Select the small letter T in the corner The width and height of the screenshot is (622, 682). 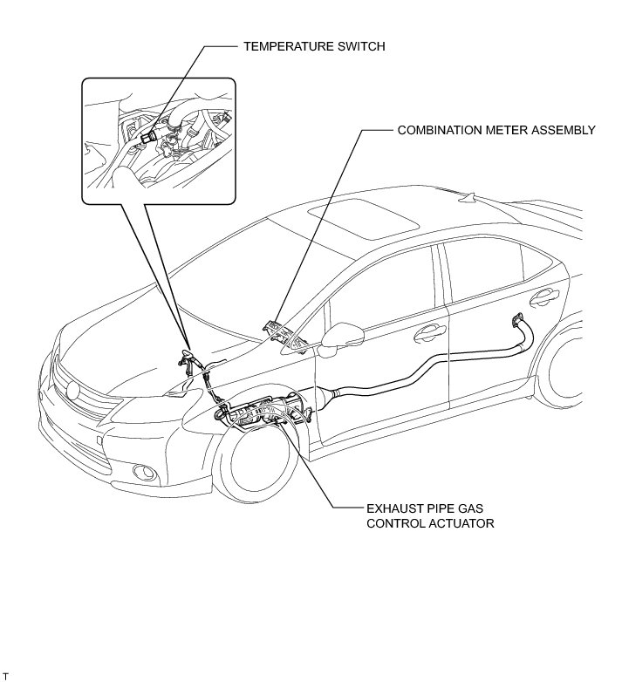(6, 676)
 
